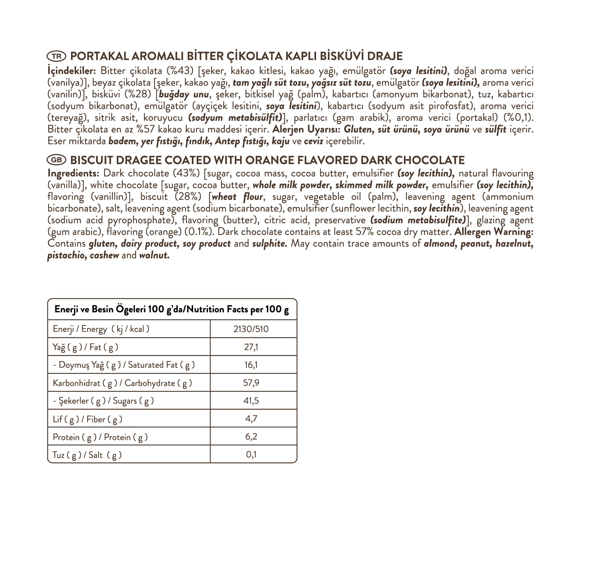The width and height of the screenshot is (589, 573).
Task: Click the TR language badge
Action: [56, 56]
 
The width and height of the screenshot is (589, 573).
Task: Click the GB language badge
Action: [56, 160]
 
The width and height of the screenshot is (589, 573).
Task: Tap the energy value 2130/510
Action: [251, 329]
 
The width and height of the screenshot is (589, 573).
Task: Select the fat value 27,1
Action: [251, 347]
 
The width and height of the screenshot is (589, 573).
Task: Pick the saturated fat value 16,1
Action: [251, 365]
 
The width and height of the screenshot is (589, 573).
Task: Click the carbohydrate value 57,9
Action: [251, 383]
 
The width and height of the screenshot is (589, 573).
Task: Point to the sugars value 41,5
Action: [251, 401]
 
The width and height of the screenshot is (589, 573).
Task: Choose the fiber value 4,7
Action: [251, 419]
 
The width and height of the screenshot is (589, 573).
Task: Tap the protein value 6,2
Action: [251, 436]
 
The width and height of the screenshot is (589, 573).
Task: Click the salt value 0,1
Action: [251, 454]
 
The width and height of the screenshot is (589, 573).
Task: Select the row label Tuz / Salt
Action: [87, 455]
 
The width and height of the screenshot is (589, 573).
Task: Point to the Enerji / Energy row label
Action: [101, 329]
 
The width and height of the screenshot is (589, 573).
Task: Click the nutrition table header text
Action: [172, 309]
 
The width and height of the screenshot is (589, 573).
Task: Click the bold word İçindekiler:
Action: [72, 71]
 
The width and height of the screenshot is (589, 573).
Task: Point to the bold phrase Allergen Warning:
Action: [494, 232]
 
